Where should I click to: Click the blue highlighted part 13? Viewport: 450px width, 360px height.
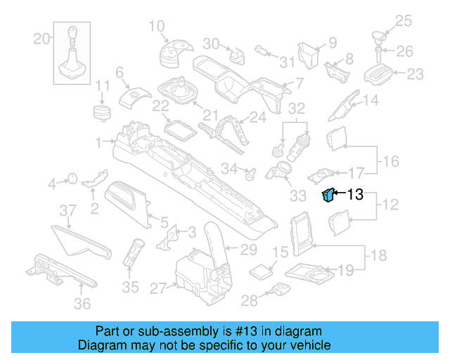click(x=327, y=195)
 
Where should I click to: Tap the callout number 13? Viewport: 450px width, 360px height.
click(x=355, y=195)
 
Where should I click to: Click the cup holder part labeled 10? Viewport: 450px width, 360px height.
click(x=173, y=53)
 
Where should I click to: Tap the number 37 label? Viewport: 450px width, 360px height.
click(x=66, y=210)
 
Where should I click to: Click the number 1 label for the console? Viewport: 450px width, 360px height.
click(x=99, y=141)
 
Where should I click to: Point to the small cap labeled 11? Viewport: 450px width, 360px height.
click(x=103, y=112)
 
